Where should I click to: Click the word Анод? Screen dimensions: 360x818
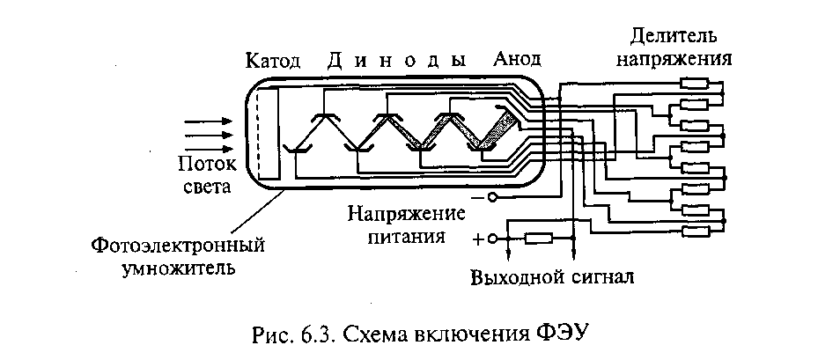[x=517, y=61]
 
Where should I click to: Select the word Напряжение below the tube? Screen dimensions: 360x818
[x=405, y=214]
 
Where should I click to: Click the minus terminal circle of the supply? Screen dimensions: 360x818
[x=493, y=198]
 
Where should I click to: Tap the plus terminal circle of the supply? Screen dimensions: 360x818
[x=493, y=238]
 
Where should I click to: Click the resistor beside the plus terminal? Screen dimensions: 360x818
[x=538, y=238]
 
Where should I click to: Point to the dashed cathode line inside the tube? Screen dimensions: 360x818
[x=256, y=132]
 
